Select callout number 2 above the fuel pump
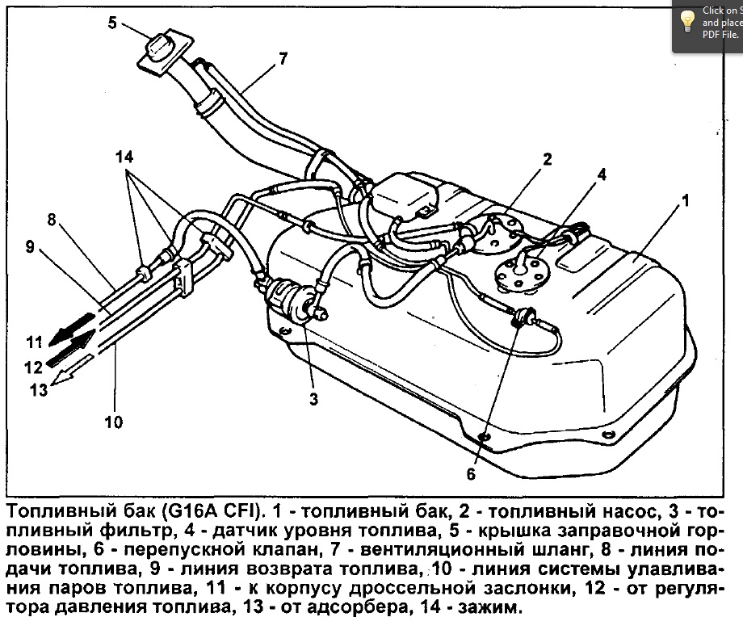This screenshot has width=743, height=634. [x=547, y=160]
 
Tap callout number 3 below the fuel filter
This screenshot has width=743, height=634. [x=313, y=398]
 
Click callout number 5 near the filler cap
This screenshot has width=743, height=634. [x=112, y=23]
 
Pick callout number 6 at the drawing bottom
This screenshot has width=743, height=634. [x=471, y=474]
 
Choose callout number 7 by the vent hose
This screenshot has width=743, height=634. [x=283, y=58]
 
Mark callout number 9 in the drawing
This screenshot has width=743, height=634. [x=30, y=246]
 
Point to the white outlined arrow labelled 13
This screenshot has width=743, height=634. [x=73, y=372]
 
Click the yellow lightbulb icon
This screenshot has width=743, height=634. [x=688, y=20]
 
